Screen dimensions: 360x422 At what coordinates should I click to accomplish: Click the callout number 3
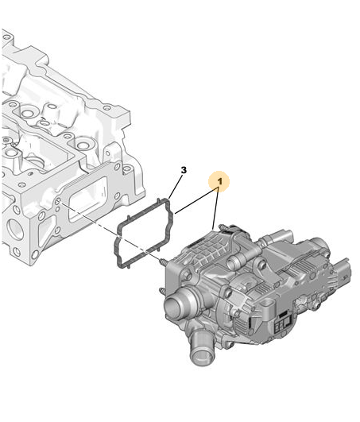(184, 170)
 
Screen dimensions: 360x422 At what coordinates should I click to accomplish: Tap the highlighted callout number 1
(220, 182)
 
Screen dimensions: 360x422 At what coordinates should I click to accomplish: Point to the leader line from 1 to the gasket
(196, 201)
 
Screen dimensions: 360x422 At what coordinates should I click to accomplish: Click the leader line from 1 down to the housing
(216, 209)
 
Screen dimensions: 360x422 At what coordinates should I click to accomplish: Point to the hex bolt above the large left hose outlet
(186, 275)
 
